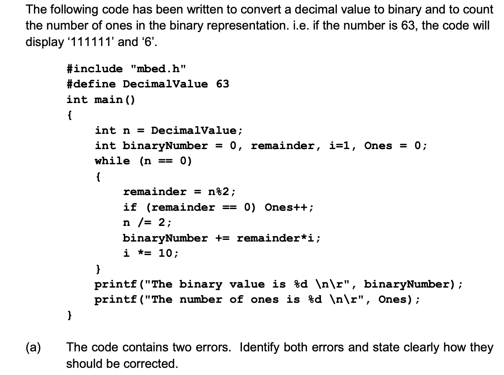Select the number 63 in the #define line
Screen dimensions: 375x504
pyautogui.click(x=222, y=84)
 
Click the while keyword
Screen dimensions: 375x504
pyautogui.click(x=112, y=161)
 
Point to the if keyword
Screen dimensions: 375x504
pyautogui.click(x=130, y=207)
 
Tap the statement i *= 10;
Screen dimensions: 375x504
pyautogui.click(x=151, y=253)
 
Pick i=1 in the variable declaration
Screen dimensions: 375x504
pyautogui.click(x=342, y=146)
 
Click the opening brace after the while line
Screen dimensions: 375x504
pyautogui.click(x=98, y=176)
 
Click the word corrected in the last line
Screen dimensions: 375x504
pyautogui.click(x=156, y=363)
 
